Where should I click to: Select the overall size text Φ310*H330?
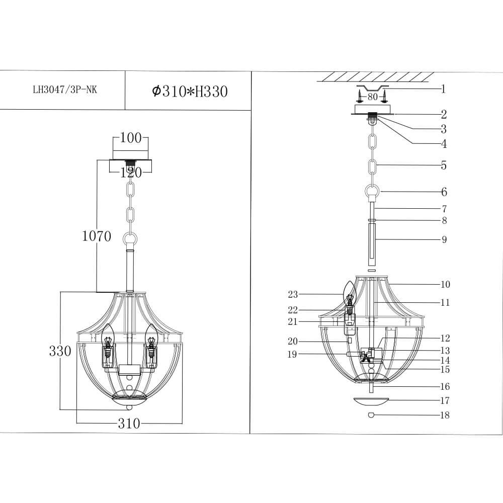pos(190,92)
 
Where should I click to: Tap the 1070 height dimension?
pos(97,236)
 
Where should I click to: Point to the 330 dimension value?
pos(60,351)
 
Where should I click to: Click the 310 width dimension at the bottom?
pos(129,424)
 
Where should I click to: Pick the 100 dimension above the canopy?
pos(131,138)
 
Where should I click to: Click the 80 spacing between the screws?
pos(372,97)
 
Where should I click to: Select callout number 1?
pos(443,90)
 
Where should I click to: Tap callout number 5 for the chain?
pos(443,165)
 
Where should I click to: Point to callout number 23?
pos(293,294)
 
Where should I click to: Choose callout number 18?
pos(444,415)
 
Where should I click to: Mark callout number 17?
pos(444,401)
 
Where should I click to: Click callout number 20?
pos(293,341)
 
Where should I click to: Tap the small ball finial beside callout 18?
pos(371,415)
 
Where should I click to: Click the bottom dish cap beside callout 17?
pos(371,401)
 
